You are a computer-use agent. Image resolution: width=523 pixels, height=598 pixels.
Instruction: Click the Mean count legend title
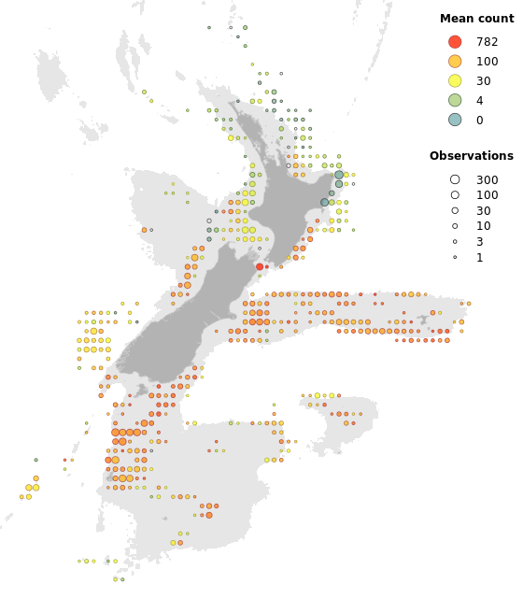[476, 19]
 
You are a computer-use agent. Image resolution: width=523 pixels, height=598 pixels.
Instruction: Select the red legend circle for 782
[455, 42]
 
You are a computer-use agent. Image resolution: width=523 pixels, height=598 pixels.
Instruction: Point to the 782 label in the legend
[487, 42]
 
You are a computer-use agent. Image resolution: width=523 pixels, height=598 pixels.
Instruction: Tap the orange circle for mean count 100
[455, 61]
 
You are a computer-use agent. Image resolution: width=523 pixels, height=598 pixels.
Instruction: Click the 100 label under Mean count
[487, 61]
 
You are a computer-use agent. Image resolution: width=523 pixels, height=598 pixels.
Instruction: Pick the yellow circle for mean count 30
[455, 80]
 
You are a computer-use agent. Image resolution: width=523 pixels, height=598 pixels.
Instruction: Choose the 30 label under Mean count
[483, 80]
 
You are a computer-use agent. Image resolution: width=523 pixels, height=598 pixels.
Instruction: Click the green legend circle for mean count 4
[455, 100]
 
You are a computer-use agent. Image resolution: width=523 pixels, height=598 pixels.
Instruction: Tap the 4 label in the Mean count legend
[479, 100]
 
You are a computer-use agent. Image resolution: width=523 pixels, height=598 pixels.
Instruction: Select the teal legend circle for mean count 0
[455, 120]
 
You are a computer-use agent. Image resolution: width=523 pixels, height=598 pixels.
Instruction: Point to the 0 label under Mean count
[479, 120]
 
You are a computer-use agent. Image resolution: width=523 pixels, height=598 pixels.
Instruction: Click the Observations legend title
[471, 156]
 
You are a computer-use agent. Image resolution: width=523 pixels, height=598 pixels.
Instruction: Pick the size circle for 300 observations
[455, 179]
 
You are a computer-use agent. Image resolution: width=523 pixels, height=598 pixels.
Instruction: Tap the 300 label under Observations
[487, 179]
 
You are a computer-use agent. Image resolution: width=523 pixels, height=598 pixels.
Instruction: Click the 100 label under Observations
[487, 195]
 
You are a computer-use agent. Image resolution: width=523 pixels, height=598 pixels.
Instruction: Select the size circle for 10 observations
[455, 226]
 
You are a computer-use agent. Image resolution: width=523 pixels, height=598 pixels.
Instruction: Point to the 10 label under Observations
[483, 226]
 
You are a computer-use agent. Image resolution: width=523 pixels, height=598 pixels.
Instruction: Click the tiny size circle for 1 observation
[455, 257]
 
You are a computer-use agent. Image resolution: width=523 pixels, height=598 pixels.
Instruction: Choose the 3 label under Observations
[479, 242]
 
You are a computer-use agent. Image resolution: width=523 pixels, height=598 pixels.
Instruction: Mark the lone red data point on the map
[260, 266]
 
